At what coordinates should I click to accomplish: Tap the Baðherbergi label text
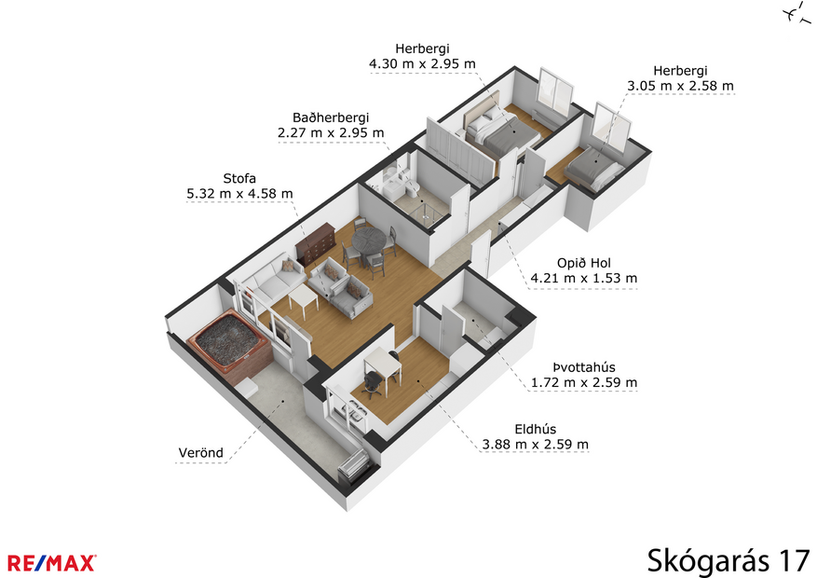331,117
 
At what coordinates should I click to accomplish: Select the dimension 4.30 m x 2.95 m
423,64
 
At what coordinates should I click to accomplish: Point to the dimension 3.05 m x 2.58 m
680,86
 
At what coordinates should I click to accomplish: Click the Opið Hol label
583,262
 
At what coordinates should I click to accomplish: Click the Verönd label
200,454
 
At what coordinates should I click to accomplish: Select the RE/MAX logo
52,561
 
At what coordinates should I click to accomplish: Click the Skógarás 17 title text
728,559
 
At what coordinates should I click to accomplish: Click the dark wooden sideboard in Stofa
314,243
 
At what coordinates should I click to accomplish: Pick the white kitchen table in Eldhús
382,365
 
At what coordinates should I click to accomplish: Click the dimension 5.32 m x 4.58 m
239,194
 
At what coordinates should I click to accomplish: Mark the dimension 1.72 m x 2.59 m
584,382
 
